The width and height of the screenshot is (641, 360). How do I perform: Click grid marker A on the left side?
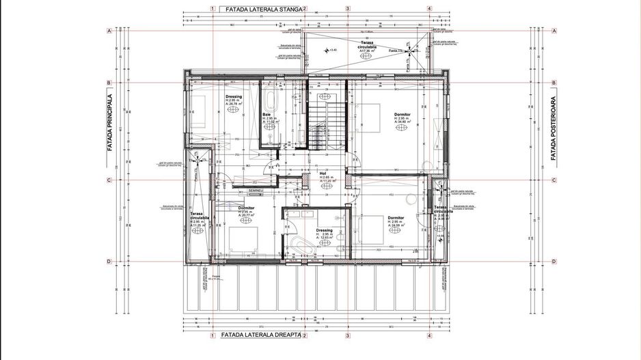tap(109, 31)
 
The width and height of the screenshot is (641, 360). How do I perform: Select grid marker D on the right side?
tap(553, 261)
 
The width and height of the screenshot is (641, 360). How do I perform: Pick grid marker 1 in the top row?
tap(213, 10)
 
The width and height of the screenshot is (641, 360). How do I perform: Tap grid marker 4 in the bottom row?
tap(429, 335)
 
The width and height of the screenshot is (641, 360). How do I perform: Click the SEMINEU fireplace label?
tap(256, 191)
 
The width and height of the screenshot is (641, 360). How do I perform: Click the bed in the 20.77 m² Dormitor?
tap(241, 240)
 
